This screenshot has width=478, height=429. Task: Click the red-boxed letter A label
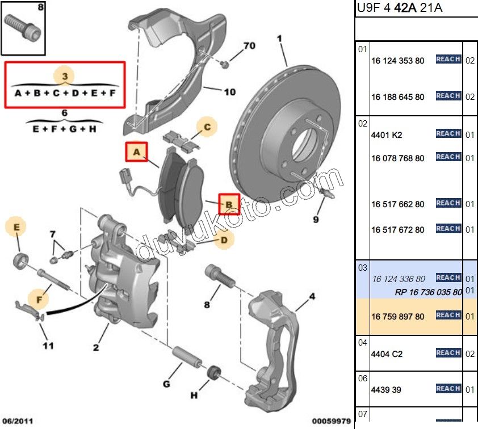tap(136, 152)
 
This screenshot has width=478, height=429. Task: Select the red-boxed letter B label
tap(229, 204)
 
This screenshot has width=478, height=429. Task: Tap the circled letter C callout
tap(207, 128)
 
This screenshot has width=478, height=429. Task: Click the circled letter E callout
tap(16, 227)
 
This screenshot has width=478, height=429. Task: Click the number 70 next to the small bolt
tap(250, 46)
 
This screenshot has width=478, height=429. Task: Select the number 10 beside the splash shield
tap(229, 91)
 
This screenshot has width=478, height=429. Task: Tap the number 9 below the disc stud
tap(316, 220)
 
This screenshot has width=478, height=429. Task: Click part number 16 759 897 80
tap(397, 317)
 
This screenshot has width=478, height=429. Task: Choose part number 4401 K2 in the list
tap(387, 135)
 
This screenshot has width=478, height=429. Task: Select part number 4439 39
tap(387, 390)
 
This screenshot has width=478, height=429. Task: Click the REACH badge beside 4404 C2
tap(448, 353)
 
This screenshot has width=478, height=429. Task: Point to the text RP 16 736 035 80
tap(428, 292)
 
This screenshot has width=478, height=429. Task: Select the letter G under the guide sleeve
tap(166, 385)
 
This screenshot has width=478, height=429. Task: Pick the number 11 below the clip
tap(48, 344)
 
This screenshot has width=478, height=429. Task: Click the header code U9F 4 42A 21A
tap(400, 8)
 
